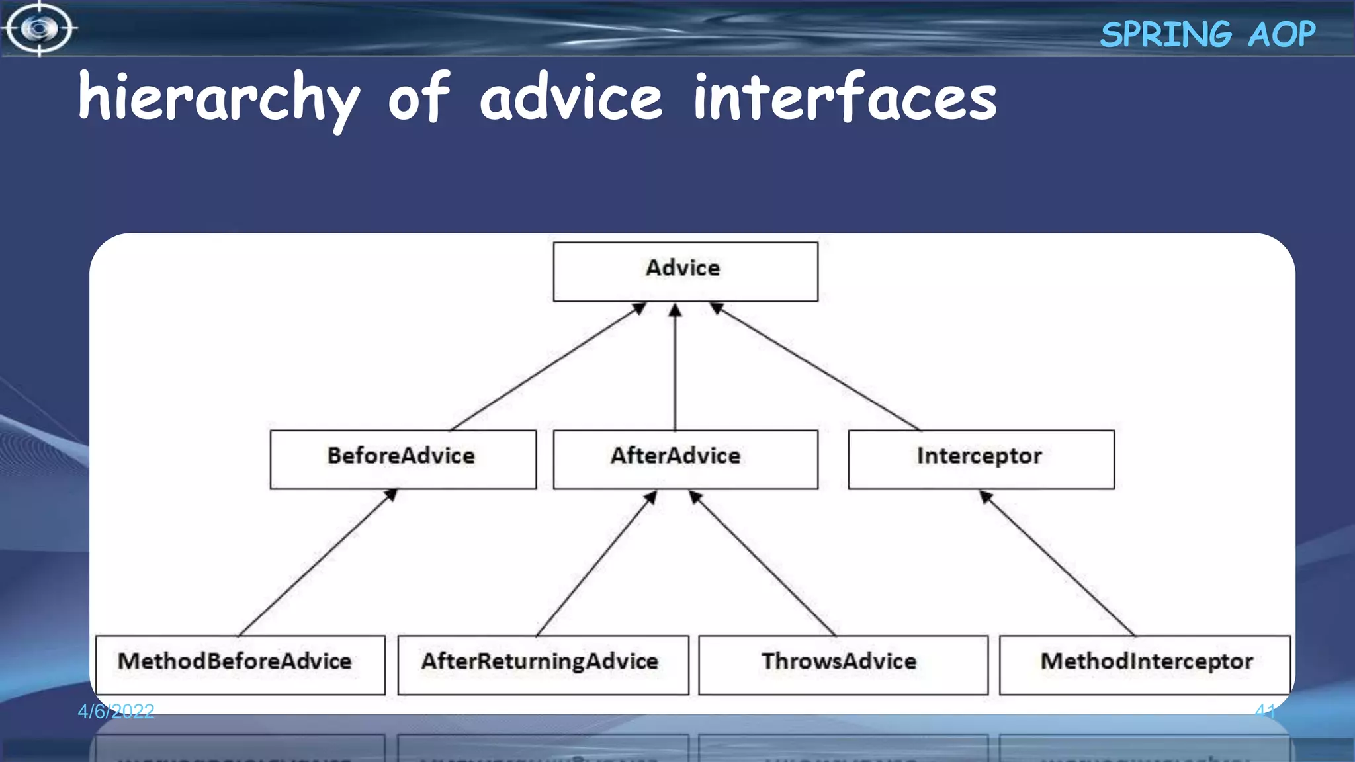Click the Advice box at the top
(x=685, y=271)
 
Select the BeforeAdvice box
(x=402, y=459)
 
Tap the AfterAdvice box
(x=685, y=459)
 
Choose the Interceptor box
(x=981, y=459)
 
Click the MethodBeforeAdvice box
(x=240, y=664)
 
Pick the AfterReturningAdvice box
(x=543, y=664)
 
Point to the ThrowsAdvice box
(x=843, y=664)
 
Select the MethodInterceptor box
(x=1145, y=664)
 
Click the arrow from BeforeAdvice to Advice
(x=548, y=366)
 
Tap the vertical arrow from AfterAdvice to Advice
(x=675, y=368)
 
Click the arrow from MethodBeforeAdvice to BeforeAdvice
(x=318, y=562)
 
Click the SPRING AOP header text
(x=1207, y=34)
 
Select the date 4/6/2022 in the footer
(x=116, y=711)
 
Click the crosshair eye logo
(x=40, y=28)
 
